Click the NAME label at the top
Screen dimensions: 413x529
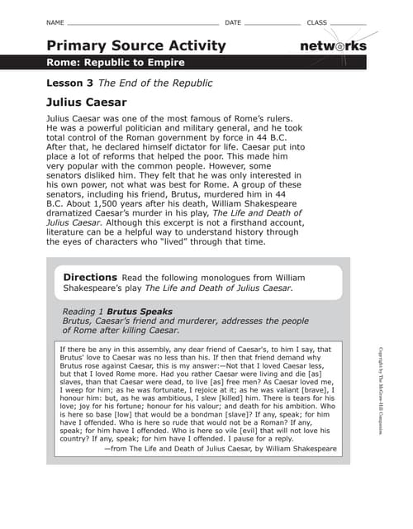click(55, 21)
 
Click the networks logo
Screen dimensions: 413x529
click(332, 45)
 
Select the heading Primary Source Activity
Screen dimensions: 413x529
click(136, 45)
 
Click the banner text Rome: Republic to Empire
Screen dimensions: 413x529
click(116, 63)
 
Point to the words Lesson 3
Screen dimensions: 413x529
click(70, 83)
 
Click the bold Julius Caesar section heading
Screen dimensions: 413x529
click(87, 102)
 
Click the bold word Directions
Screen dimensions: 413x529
click(90, 277)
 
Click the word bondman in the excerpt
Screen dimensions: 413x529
click(200, 417)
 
